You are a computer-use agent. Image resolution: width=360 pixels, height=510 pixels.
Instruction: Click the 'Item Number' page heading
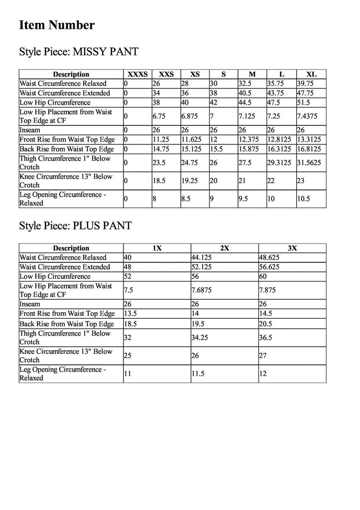coord(57,25)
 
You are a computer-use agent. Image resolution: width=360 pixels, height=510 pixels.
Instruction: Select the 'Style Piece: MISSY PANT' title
coord(78,52)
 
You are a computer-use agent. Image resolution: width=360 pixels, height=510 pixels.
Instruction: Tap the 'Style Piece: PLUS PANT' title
coord(75,226)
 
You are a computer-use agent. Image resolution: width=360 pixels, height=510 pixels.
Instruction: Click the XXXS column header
coord(137,74)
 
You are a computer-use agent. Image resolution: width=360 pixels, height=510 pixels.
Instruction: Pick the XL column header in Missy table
coord(311,74)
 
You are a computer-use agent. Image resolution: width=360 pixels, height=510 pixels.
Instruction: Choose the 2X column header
coord(225,248)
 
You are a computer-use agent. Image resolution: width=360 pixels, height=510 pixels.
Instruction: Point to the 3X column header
coord(292,248)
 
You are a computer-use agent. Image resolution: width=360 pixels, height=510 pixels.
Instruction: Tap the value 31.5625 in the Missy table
coord(309,163)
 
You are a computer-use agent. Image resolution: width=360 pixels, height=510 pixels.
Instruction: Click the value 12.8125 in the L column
coord(281,139)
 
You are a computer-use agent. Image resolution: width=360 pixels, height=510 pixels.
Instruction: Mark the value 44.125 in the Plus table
coord(202,257)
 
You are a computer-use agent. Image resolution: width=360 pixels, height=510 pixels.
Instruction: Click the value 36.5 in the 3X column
coord(267,337)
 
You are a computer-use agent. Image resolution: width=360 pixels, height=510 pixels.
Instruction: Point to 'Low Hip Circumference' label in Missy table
coord(55,103)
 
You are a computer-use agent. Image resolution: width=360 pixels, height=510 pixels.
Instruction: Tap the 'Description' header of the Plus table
coord(71,248)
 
